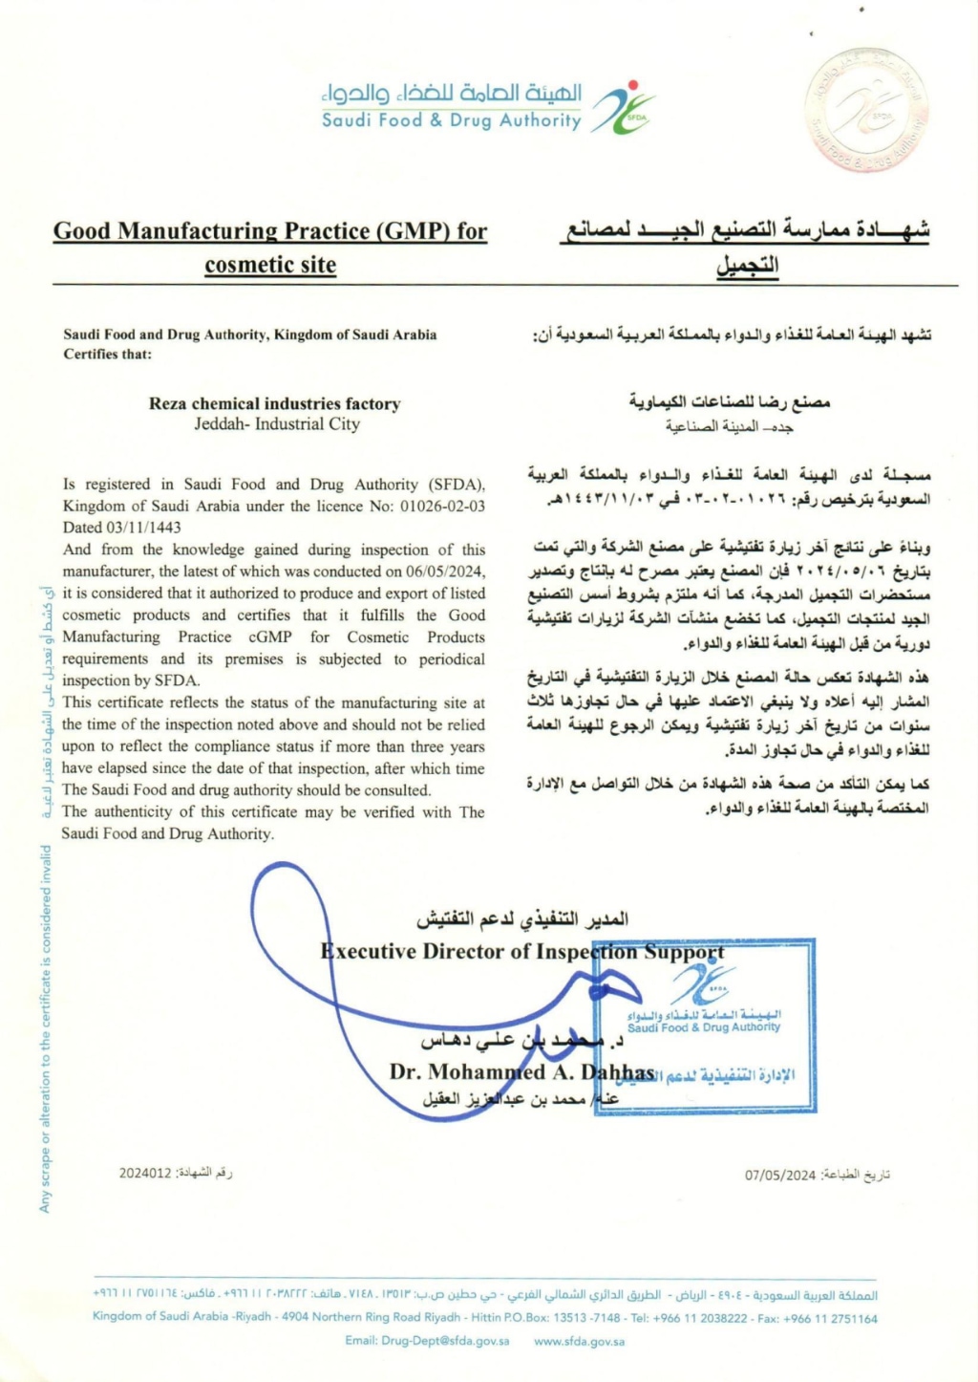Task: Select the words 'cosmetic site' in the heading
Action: tap(270, 265)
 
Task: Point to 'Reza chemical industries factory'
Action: tap(274, 403)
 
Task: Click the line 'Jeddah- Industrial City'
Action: tap(277, 423)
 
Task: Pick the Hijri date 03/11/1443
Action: tap(143, 528)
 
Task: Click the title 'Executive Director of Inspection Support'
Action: tap(522, 952)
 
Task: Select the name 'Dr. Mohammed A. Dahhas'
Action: tap(521, 1072)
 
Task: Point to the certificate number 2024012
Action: tap(145, 1173)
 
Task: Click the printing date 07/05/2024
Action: tap(780, 1175)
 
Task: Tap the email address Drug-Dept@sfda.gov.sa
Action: tap(427, 1341)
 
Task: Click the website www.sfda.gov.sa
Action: tap(580, 1341)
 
